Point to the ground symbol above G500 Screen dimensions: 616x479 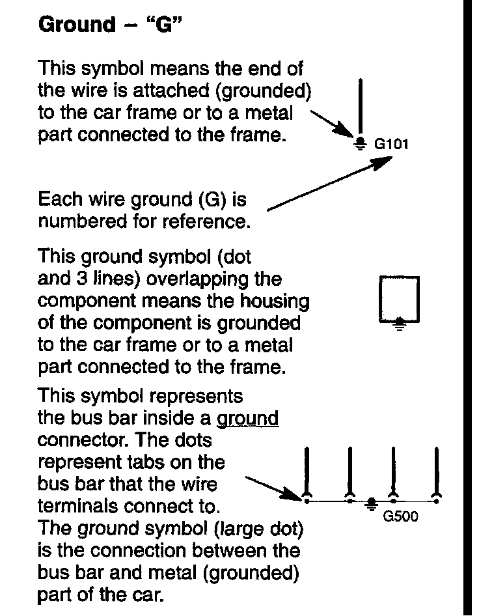[x=372, y=502]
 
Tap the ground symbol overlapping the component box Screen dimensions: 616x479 [x=400, y=323]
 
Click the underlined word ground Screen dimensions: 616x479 [x=247, y=418]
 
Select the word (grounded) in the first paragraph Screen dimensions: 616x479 [x=267, y=91]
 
